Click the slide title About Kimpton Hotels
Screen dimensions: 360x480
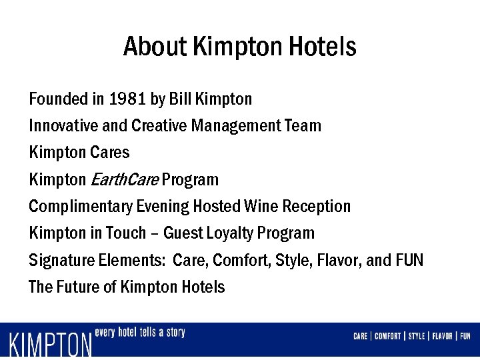coord(240,47)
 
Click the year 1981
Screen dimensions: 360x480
coord(128,99)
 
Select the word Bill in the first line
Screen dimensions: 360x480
coord(179,99)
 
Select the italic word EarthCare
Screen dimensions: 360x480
coord(123,179)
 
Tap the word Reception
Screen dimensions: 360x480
coord(317,206)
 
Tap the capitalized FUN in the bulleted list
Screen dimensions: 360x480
coord(409,259)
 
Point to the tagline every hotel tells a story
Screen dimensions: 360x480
coord(140,333)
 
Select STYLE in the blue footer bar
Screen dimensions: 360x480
coord(416,336)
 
